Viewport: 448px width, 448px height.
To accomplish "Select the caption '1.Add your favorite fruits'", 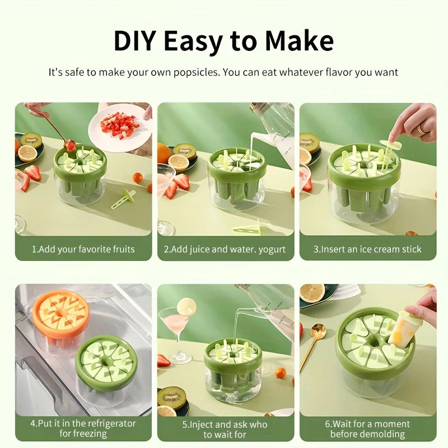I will point(83,249).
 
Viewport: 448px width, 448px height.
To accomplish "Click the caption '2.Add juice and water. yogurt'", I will point(225,249).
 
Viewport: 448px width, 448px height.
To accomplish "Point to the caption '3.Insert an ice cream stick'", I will point(367,249).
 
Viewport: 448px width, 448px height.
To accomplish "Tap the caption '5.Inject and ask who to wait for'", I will point(225,430).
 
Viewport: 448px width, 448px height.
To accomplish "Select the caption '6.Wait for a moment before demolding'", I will point(367,430).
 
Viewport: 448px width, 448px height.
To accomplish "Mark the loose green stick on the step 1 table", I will point(123,198).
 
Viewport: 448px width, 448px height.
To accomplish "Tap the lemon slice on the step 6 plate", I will point(312,292).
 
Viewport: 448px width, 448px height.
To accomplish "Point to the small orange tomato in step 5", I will point(281,372).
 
